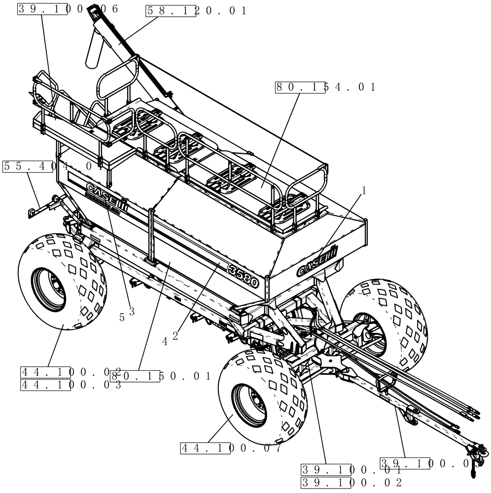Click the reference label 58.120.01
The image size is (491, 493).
(196, 11)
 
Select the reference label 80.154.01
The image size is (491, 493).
(325, 87)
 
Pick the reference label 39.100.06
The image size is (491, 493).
(68, 9)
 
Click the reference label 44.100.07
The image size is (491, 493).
(231, 448)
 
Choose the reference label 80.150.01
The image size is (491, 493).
(160, 376)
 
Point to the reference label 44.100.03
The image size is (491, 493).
(70, 385)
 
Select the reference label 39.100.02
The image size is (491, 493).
(351, 482)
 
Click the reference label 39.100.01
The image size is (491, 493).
(351, 469)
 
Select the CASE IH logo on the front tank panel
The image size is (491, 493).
(316, 262)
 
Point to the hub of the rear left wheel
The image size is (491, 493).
(48, 286)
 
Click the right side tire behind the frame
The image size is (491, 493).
(389, 320)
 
